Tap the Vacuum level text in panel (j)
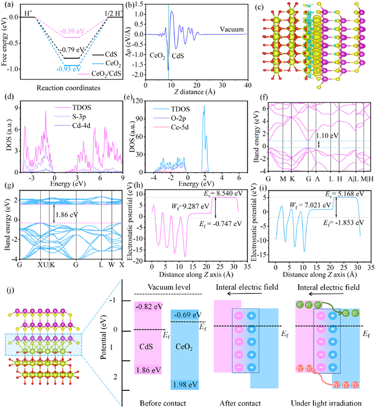(x=168, y=287)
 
